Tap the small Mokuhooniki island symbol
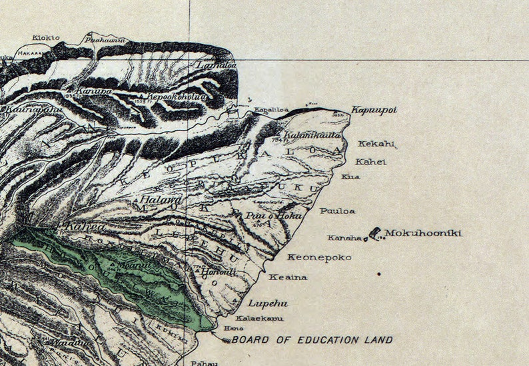375,233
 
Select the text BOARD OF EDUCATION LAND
312,340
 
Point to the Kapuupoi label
374,110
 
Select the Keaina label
288,277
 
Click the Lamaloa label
207,66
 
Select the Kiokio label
45,38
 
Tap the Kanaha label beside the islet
344,238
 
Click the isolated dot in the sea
379,274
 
